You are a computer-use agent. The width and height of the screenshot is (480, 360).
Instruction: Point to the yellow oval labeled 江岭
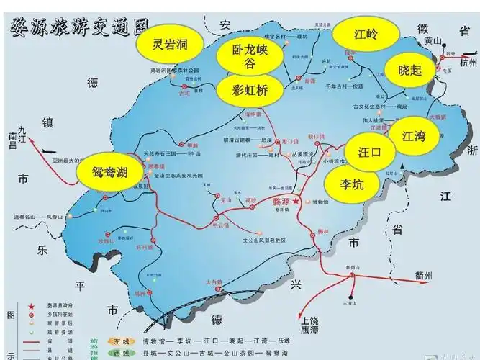[x=366, y=33]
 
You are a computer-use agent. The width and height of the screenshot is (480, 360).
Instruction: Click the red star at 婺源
[x=296, y=202]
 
